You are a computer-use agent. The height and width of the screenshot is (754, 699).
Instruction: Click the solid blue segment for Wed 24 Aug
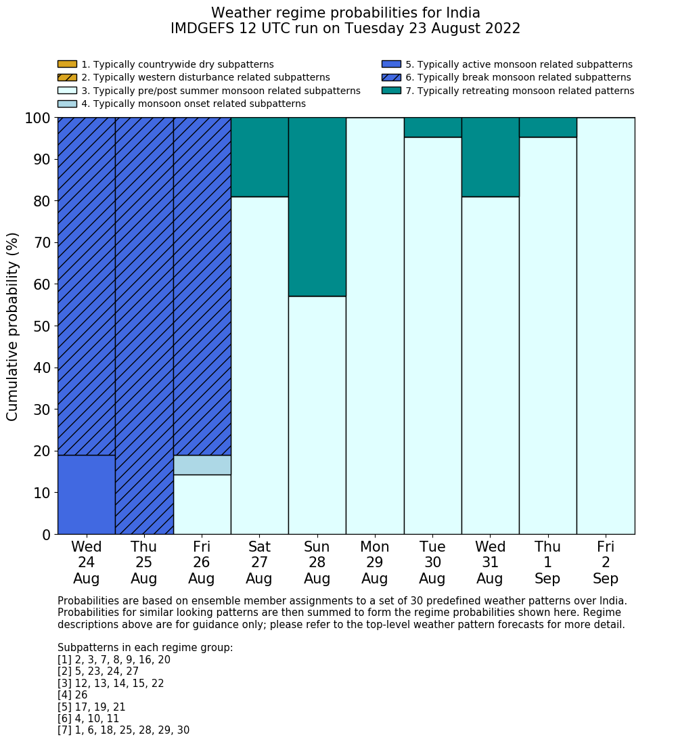click(86, 494)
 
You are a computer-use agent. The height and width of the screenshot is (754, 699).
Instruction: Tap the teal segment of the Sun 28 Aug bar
click(317, 206)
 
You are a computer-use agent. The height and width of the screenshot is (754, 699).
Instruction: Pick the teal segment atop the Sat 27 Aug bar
click(259, 157)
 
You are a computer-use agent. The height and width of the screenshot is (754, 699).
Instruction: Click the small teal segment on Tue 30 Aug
click(432, 127)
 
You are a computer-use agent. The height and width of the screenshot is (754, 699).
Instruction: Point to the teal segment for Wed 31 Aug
click(490, 157)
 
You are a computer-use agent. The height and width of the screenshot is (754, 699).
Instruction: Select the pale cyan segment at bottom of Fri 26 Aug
click(202, 504)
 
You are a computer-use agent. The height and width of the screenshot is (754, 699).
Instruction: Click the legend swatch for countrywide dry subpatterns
click(67, 64)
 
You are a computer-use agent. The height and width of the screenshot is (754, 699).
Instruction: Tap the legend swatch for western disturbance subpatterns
click(67, 78)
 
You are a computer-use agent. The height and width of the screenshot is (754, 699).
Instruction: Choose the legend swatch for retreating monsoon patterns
click(391, 91)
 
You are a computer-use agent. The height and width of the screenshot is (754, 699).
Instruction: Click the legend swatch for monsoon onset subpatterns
click(67, 104)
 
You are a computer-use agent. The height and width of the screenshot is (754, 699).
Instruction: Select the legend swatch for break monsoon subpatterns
click(391, 78)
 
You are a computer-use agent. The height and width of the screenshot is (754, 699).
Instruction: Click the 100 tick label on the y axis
click(38, 118)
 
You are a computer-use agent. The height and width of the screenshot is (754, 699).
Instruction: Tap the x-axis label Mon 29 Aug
click(374, 562)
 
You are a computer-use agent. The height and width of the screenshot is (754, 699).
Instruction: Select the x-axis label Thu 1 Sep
click(547, 562)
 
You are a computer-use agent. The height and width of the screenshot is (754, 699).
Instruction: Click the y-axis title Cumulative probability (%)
click(13, 326)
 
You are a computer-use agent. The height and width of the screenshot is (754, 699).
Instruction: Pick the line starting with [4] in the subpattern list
click(72, 695)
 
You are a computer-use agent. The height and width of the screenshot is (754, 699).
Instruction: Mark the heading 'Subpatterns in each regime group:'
click(145, 648)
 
